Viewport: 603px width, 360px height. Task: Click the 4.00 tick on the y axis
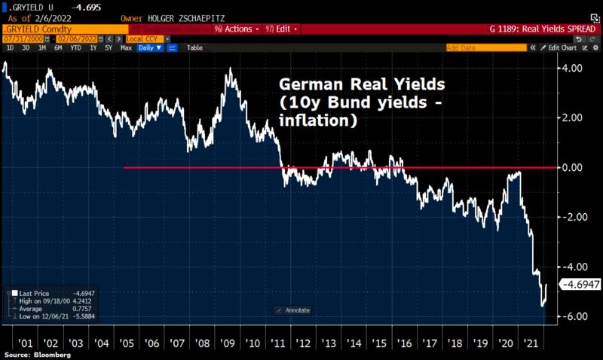click(x=577, y=68)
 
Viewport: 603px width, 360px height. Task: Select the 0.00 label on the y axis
click(x=577, y=167)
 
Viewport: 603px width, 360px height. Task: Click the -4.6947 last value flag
click(x=580, y=285)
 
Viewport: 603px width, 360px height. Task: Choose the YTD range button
click(x=75, y=47)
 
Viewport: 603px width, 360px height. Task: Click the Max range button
click(x=126, y=47)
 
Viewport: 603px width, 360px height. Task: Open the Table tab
click(x=194, y=47)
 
